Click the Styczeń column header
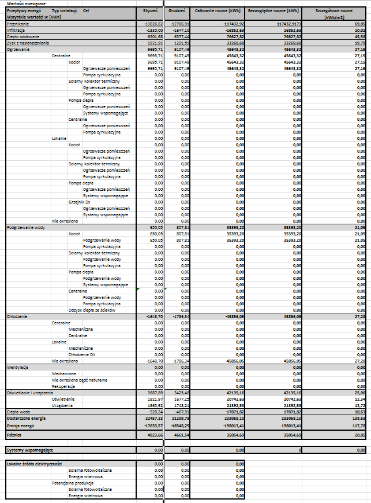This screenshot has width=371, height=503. (x=150, y=10)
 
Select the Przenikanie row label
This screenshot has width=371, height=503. (x=17, y=23)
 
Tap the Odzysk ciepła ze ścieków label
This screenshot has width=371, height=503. (x=92, y=310)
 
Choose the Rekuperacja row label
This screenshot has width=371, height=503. (x=65, y=386)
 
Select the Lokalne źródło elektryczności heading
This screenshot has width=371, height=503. (x=34, y=464)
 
